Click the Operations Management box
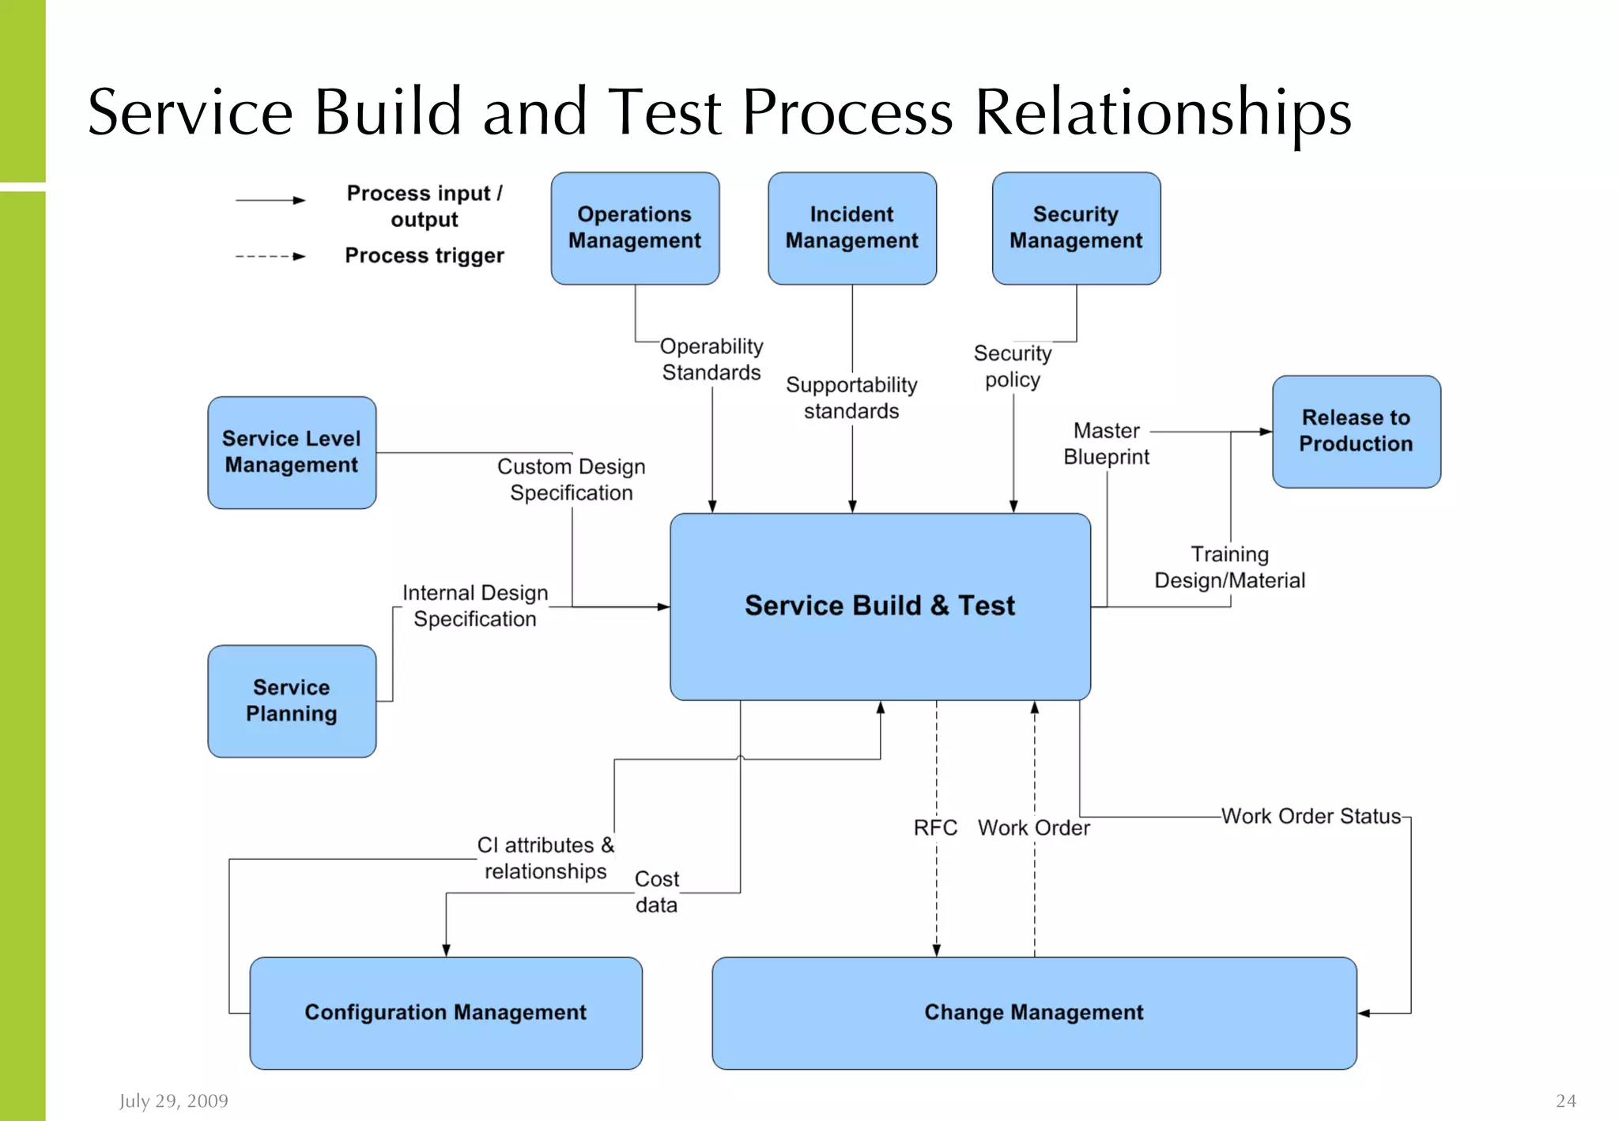(x=635, y=228)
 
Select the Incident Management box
(x=851, y=228)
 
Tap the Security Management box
(x=1076, y=228)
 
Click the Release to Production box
(x=1356, y=431)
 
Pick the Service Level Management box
(x=292, y=452)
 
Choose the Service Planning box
(x=292, y=700)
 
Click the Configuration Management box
(x=445, y=1013)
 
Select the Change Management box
(x=1033, y=1013)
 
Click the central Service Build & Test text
(x=879, y=606)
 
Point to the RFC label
(x=935, y=828)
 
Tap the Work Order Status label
(x=1311, y=816)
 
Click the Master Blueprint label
(x=1106, y=443)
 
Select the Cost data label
(x=656, y=892)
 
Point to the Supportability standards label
(x=851, y=398)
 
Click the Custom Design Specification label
(x=571, y=479)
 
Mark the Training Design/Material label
(x=1229, y=567)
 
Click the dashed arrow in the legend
(x=270, y=256)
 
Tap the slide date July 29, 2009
(x=173, y=1100)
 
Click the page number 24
(x=1565, y=1100)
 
